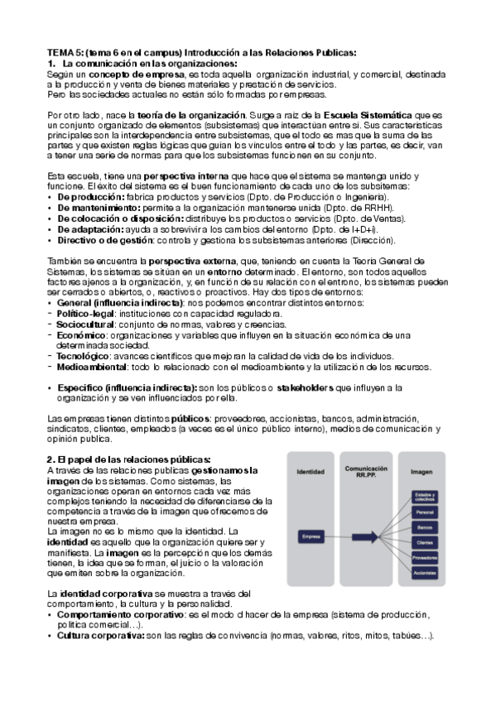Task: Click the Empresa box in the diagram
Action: coord(311,536)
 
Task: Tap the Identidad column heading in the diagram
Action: coord(311,471)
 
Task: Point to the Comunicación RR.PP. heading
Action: coord(366,470)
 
